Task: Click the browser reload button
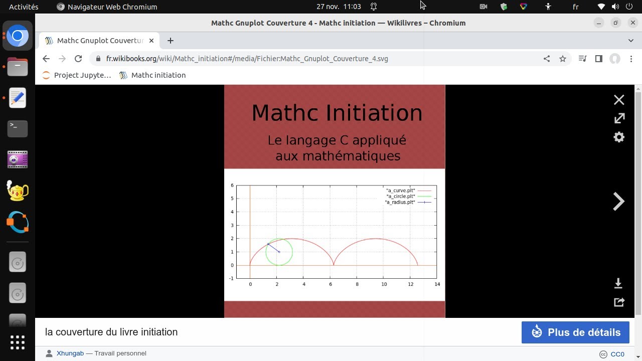tap(78, 59)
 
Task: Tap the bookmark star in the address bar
tap(563, 59)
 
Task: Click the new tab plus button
tap(171, 41)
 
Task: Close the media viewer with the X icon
tap(619, 100)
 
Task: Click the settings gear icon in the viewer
tap(619, 137)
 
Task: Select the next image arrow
tap(618, 202)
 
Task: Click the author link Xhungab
tap(70, 353)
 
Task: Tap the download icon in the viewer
tap(618, 283)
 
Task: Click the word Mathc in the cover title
tap(285, 113)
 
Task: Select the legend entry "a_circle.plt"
tap(401, 196)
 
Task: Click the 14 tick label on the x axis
tap(437, 284)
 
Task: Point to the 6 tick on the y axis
tap(232, 186)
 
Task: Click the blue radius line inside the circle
tap(273, 248)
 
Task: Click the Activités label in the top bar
tap(24, 7)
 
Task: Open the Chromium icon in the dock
tap(18, 36)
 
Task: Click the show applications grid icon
tap(18, 342)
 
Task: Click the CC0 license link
tap(617, 354)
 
